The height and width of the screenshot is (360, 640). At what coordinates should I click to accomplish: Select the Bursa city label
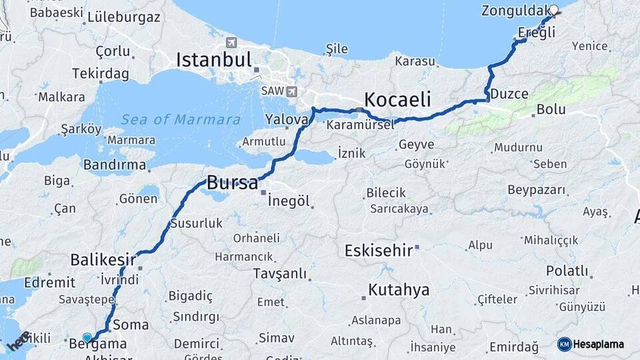click(x=232, y=183)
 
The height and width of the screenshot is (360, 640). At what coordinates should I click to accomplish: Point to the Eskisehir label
click(x=377, y=251)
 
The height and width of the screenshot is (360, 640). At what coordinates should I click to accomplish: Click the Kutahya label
click(x=399, y=290)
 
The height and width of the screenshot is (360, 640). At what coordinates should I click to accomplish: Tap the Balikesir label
click(x=103, y=259)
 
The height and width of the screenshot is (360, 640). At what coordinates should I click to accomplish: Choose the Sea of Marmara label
click(x=181, y=120)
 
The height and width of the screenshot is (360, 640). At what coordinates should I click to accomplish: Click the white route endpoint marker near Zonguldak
click(x=554, y=10)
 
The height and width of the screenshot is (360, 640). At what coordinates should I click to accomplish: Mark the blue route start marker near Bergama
click(x=87, y=337)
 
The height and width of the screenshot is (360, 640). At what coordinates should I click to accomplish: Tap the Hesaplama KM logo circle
click(x=564, y=344)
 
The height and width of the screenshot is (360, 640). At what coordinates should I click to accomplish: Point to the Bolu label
click(x=551, y=109)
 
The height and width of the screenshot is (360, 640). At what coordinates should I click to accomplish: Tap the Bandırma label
click(x=115, y=164)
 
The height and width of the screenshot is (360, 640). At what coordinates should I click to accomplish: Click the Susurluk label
click(x=196, y=223)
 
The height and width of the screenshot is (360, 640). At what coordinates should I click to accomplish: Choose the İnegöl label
click(x=291, y=200)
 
